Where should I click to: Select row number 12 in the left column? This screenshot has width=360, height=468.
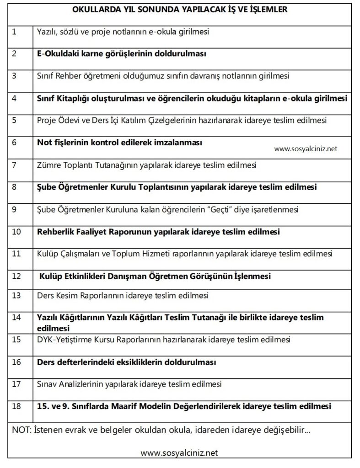(16, 276)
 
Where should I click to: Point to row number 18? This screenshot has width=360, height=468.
(16, 405)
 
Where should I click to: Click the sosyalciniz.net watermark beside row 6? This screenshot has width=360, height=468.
(306, 149)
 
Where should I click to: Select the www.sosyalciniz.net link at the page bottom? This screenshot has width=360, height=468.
(179, 453)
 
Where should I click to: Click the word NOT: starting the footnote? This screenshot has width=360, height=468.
(22, 430)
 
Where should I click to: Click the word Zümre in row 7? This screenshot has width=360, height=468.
(48, 165)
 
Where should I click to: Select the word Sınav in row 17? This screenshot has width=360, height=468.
(47, 384)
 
